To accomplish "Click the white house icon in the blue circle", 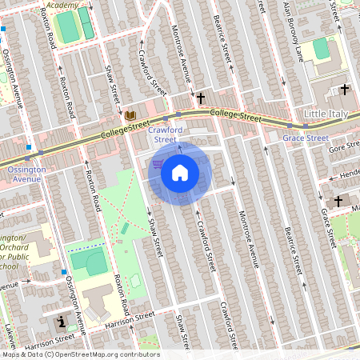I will [x=180, y=173].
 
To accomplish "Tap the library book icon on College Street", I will [x=130, y=116].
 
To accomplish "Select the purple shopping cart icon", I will [x=158, y=164].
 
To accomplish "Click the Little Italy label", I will [x=326, y=114].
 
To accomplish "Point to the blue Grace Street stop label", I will [x=306, y=138].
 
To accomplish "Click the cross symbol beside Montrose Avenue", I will [x=200, y=98].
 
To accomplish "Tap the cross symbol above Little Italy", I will [x=344, y=90].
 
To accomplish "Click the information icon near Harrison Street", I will [x=62, y=322].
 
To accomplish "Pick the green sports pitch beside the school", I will [x=89, y=261].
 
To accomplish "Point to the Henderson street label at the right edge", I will [x=350, y=174].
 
